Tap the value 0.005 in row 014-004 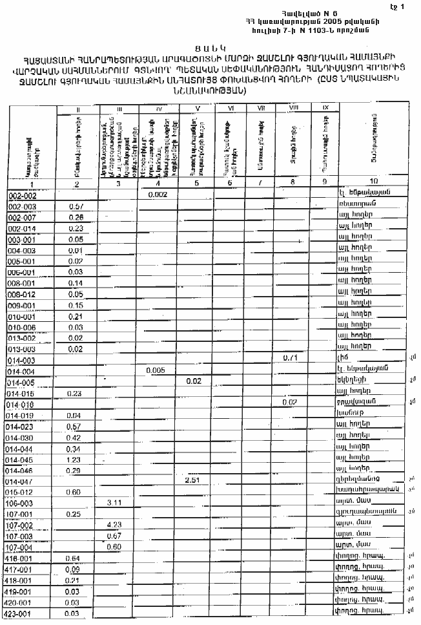tap(157, 370)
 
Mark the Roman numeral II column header tap(77, 109)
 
